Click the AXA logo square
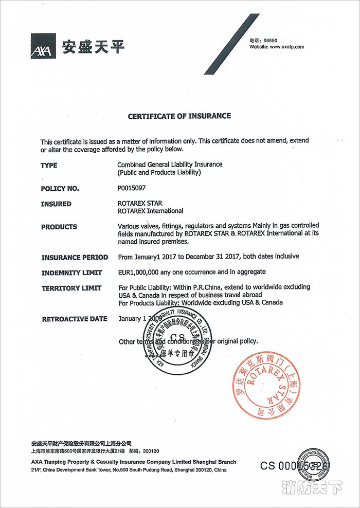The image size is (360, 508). click(44, 46)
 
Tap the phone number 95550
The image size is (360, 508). click(271, 40)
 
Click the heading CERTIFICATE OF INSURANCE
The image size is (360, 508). click(179, 116)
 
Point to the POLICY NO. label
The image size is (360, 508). click(60, 189)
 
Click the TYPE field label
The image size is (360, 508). click(49, 165)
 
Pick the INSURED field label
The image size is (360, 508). click(56, 204)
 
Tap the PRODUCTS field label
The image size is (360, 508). click(59, 227)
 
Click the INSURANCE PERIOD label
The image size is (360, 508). click(75, 257)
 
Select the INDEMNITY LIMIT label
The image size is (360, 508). click(71, 273)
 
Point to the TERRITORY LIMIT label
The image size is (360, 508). click(71, 288)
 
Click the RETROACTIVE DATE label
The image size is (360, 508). click(74, 319)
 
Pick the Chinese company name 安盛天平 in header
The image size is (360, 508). click(93, 47)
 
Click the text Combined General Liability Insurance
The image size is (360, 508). click(170, 165)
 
